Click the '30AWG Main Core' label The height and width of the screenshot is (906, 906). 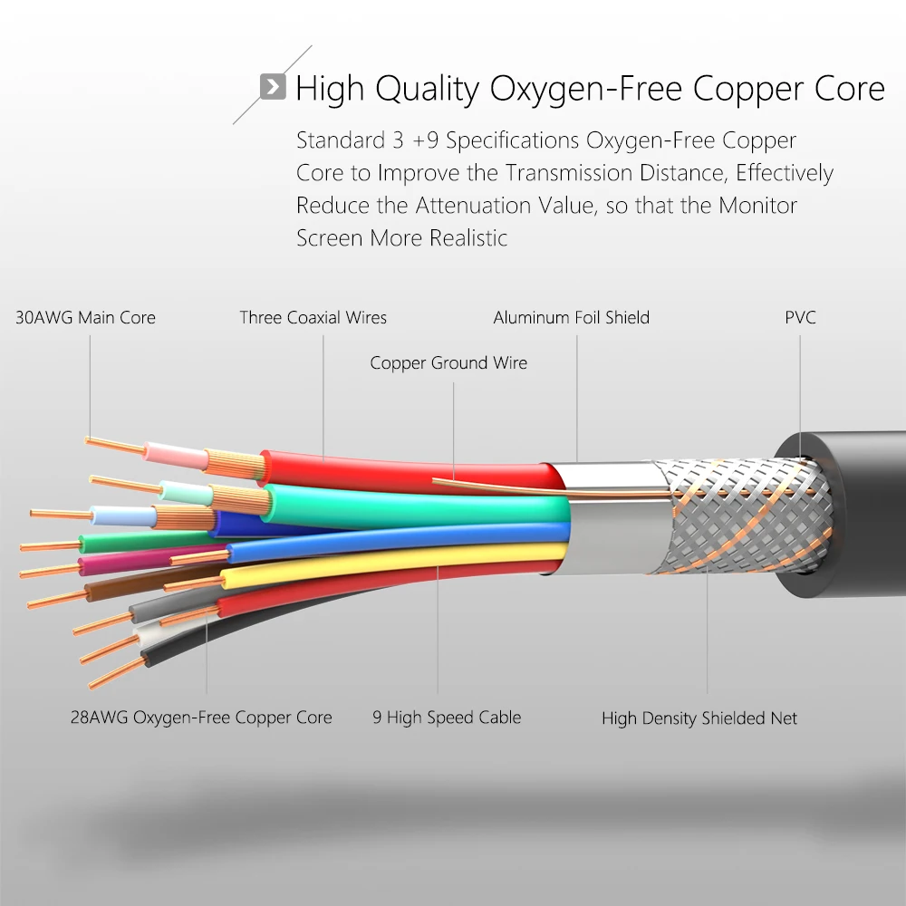point(85,318)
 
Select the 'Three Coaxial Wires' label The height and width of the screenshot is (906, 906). point(313,318)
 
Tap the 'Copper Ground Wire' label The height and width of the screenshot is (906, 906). point(448,363)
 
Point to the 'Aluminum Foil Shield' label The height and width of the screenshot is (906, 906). point(571,318)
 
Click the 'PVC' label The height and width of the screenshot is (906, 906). point(800,318)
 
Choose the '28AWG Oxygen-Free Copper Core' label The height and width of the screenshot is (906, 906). point(201,718)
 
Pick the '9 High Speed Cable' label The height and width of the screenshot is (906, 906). point(447,718)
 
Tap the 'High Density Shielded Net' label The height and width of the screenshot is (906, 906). point(699,718)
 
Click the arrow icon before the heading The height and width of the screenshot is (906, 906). point(272,87)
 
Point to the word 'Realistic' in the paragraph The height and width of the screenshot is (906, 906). point(468,238)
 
